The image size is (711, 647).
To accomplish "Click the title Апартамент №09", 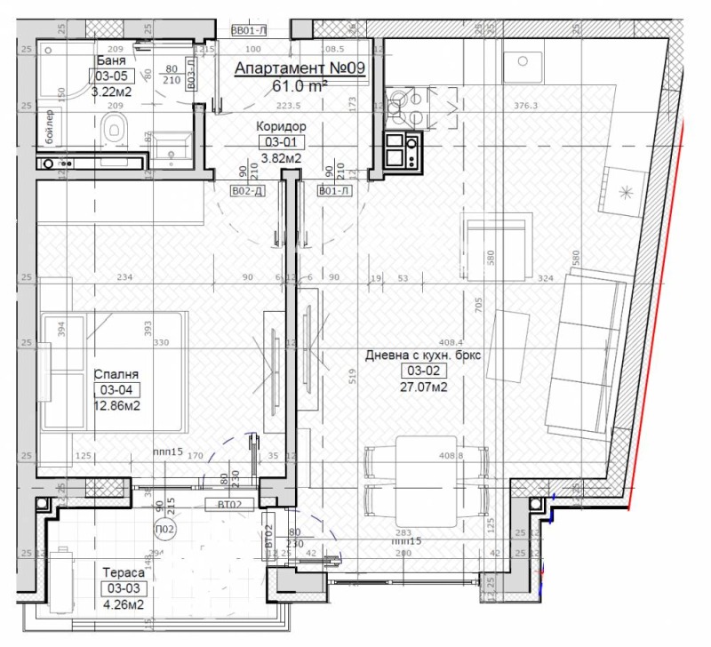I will click(x=299, y=70).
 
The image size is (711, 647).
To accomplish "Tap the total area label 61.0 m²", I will click(x=299, y=86).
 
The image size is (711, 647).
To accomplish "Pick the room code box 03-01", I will click(x=279, y=142).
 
